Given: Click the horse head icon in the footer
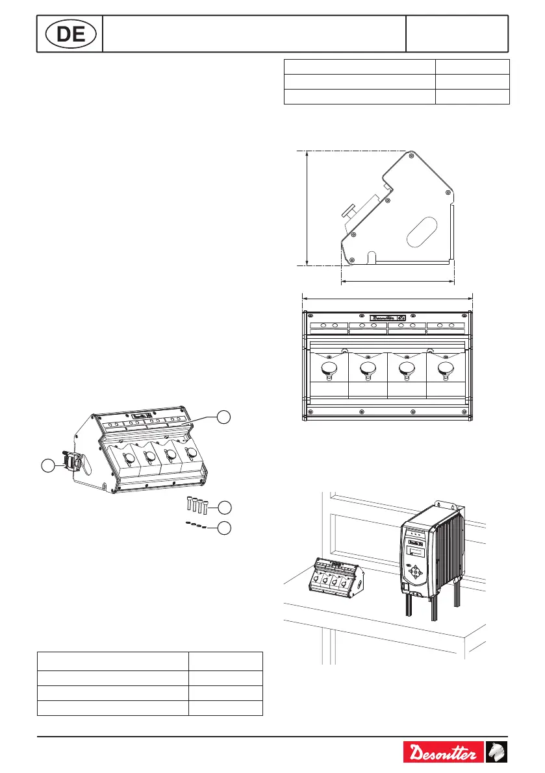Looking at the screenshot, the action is (x=497, y=753).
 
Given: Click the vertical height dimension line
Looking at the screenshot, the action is (x=306, y=208).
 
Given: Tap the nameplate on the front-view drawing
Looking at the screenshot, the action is (x=388, y=318).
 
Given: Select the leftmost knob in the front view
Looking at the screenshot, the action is (x=330, y=370).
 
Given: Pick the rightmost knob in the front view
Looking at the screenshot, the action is (x=445, y=370).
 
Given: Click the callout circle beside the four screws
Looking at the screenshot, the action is (x=223, y=506).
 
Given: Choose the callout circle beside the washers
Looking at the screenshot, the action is (x=223, y=528).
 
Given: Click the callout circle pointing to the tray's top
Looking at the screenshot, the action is (x=223, y=417).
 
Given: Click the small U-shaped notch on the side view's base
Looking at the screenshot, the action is (x=372, y=257).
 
